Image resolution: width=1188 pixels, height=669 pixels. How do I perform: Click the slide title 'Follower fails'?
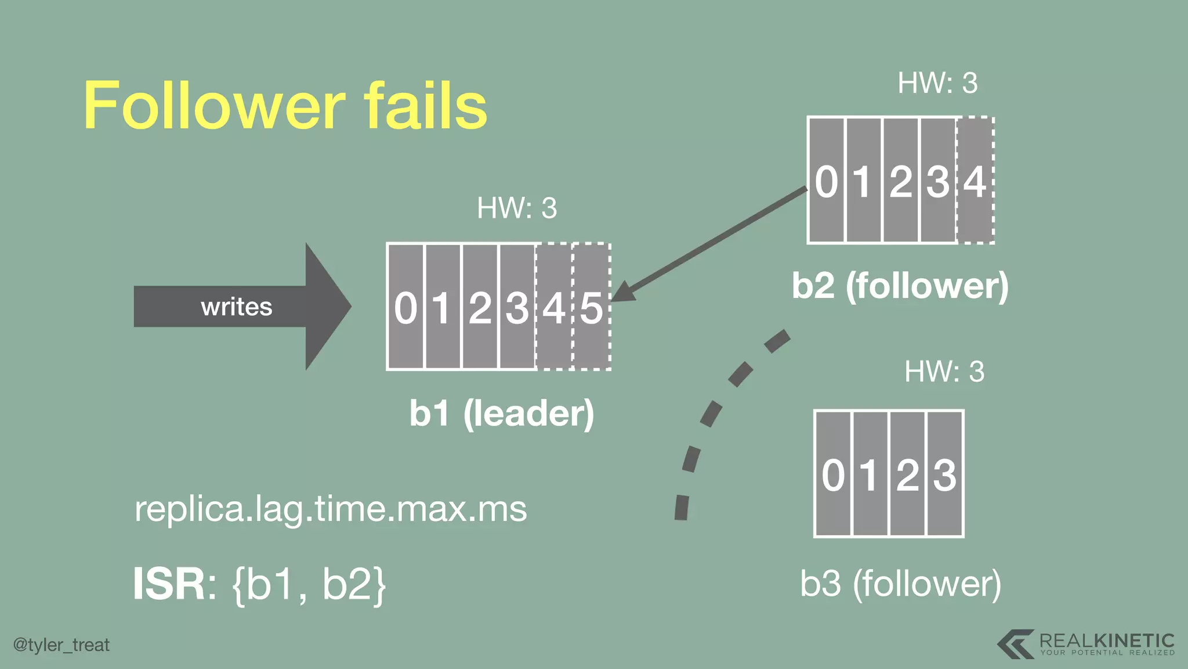coord(285,106)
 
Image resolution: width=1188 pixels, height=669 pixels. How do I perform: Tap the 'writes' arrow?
coord(238,307)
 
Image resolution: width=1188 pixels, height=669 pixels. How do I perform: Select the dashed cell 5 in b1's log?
coord(592,307)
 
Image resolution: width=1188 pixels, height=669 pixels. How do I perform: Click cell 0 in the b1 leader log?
coord(406,307)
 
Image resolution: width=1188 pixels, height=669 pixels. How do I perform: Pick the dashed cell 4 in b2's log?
coord(975,181)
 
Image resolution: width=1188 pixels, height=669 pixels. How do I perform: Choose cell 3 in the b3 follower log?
coord(945,474)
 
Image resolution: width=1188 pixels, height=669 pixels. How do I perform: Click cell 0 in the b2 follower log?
coord(827,181)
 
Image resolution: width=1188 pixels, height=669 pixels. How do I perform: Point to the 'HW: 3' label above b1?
coord(517,208)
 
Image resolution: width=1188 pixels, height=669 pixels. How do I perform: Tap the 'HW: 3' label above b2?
coord(937,83)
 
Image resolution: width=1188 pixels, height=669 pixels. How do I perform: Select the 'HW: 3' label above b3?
coord(944,372)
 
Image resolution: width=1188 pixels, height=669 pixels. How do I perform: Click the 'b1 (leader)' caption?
coord(502,413)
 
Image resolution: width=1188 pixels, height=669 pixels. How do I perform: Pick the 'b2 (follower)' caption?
coord(900,286)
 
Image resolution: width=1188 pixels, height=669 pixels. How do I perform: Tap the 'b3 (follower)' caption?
coord(900,583)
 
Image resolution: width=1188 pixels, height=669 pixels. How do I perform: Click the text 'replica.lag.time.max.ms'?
coord(331,509)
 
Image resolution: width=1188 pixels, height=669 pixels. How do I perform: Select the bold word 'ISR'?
coord(169,584)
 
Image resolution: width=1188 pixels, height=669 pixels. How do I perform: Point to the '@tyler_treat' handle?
coord(61,645)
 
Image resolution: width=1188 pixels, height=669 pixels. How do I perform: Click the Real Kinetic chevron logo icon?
coord(1016,644)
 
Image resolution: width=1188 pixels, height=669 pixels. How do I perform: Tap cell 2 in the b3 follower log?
coord(908,474)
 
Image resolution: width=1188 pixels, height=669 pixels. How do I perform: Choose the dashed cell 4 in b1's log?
coord(554,307)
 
